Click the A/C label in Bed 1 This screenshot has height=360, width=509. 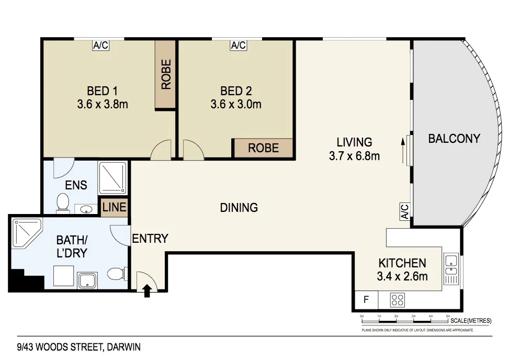100,46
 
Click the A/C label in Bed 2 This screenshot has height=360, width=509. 238,46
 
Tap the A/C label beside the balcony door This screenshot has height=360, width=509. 404,211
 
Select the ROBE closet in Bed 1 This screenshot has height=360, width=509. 166,74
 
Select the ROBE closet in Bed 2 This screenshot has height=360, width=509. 263,148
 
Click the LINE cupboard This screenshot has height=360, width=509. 114,207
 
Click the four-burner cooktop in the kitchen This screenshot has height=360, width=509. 398,300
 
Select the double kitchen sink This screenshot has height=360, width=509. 450,265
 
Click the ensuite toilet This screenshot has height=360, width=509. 63,203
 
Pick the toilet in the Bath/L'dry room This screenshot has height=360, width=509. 116,274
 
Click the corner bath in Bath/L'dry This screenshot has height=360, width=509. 26,233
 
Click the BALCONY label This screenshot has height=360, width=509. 454,139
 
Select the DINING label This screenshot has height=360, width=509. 239,208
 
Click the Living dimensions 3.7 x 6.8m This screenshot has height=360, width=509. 354,156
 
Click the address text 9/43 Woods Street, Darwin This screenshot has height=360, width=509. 78,346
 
